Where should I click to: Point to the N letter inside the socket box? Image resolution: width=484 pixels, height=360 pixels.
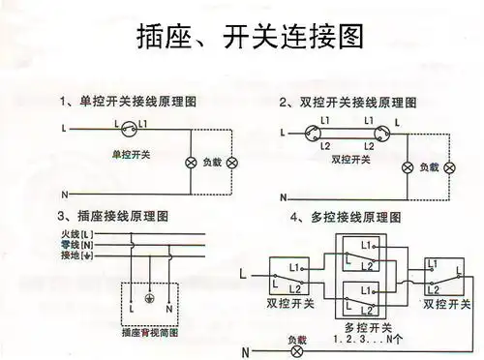click(x=169, y=308)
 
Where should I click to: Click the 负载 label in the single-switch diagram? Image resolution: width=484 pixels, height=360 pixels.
click(x=211, y=163)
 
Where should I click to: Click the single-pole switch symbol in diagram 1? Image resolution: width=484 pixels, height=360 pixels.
click(x=129, y=125)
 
